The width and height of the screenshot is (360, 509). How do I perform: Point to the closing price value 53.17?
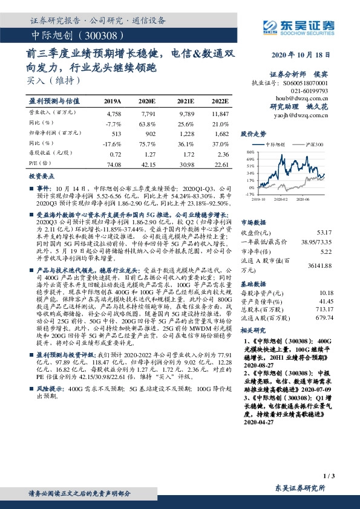[324, 232]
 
